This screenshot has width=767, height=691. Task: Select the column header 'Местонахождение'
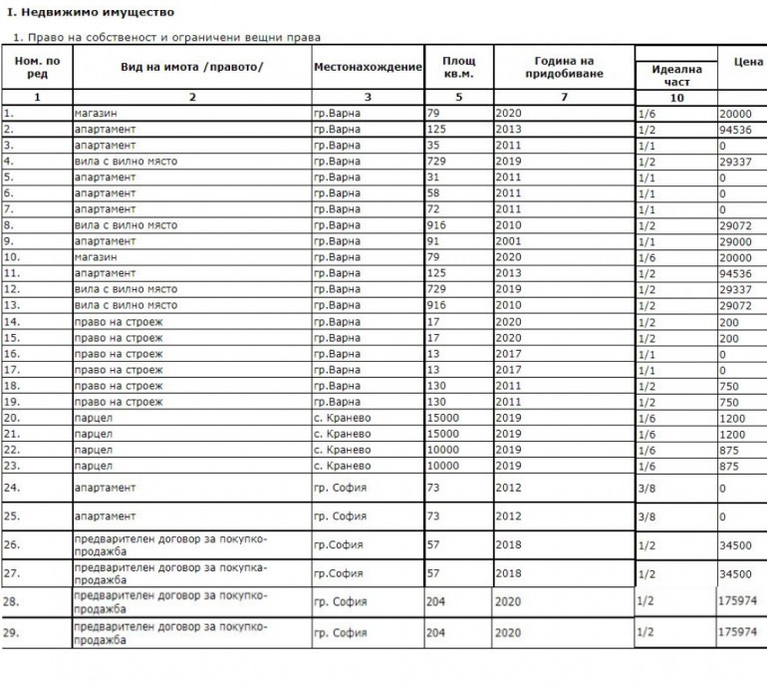[368, 67]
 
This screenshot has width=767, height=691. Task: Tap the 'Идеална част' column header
[676, 76]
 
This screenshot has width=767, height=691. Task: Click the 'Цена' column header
[747, 62]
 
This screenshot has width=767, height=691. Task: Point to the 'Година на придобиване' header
[563, 67]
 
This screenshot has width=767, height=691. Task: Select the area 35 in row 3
[433, 146]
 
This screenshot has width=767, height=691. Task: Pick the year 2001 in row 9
[508, 241]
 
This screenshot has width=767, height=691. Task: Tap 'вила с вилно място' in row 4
[126, 162]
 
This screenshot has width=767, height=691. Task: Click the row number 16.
[11, 354]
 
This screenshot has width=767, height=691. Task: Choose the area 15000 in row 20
[443, 418]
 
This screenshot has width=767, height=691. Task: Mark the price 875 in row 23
[730, 466]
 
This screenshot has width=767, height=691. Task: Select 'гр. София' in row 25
[341, 517]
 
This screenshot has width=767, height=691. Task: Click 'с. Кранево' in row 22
[342, 450]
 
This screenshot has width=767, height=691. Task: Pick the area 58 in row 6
[433, 193]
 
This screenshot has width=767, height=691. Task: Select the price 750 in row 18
[728, 386]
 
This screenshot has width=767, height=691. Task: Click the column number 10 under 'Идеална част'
[676, 98]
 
